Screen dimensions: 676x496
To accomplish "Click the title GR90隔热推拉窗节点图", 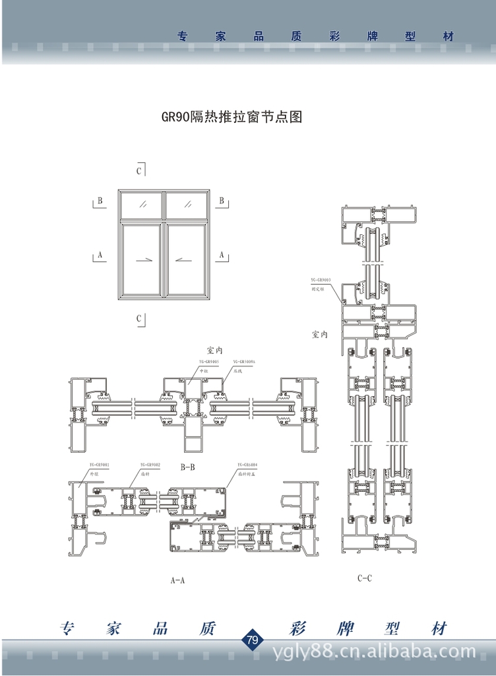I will tap(232, 118).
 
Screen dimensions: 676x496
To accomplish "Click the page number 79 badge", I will tap(252, 640).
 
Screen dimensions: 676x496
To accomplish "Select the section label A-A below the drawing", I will tap(177, 581).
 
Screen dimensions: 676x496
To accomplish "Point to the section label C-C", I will tap(365, 578).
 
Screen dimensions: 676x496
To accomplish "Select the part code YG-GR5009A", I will tap(243, 363).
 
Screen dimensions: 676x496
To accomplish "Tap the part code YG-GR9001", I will tap(99, 465).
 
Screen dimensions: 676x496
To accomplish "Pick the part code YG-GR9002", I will tap(150, 465).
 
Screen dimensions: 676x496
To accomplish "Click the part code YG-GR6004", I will tap(247, 465).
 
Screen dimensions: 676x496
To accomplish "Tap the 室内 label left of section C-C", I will tap(319, 335).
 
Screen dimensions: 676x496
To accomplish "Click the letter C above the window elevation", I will tap(139, 171).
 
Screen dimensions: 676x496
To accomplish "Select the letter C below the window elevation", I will tap(139, 319).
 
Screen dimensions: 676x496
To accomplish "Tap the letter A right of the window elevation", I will tap(222, 254).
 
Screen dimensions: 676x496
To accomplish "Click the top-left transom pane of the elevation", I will tap(142, 203).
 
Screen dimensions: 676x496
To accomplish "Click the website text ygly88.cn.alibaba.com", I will tap(374, 652).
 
